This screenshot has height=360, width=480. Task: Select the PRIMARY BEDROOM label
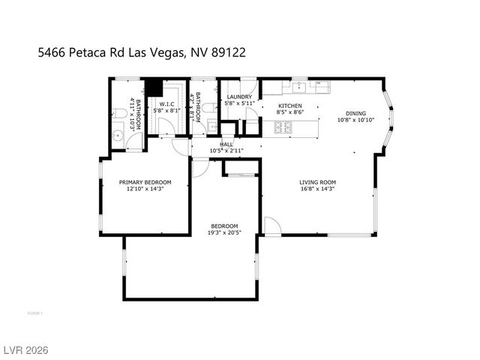pyautogui.click(x=145, y=182)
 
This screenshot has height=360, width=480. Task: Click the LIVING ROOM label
pyautogui.click(x=317, y=182)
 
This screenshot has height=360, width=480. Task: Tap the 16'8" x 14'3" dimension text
pyautogui.click(x=317, y=190)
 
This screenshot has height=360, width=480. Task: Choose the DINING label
pyautogui.click(x=355, y=113)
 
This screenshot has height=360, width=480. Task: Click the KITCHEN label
pyautogui.click(x=290, y=106)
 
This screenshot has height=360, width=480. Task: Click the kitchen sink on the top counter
pyautogui.click(x=297, y=83)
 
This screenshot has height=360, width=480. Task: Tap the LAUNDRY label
pyautogui.click(x=240, y=97)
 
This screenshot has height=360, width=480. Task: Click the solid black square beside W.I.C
pyautogui.click(x=154, y=87)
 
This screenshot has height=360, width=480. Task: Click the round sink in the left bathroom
pyautogui.click(x=118, y=136)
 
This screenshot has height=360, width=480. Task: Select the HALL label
pyautogui.click(x=226, y=144)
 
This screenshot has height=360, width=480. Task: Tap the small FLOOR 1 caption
pyautogui.click(x=34, y=313)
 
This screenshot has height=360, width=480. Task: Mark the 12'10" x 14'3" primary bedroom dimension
pyautogui.click(x=145, y=190)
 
